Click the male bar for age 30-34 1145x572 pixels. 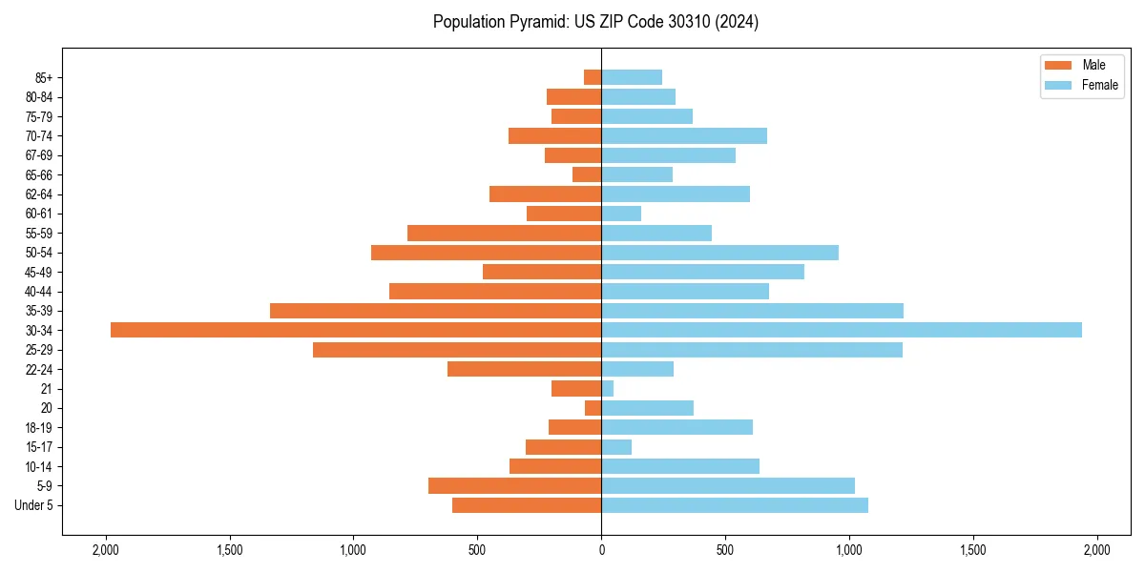(x=356, y=330)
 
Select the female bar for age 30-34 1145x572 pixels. (x=842, y=330)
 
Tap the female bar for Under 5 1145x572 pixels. (x=735, y=505)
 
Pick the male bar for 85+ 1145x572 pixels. (x=593, y=77)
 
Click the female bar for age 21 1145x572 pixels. (x=608, y=389)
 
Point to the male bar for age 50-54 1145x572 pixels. (x=487, y=253)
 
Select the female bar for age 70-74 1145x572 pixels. (x=684, y=136)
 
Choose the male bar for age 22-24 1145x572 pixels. (x=525, y=369)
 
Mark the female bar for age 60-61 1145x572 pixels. (x=621, y=214)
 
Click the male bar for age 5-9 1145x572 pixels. (x=515, y=486)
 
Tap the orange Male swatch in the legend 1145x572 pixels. (x=1058, y=66)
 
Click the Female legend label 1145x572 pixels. (x=1100, y=85)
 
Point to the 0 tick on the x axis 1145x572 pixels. (x=601, y=550)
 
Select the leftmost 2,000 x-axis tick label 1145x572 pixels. (x=105, y=550)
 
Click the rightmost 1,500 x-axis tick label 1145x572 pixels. (x=973, y=550)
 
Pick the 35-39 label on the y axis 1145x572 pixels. (x=39, y=311)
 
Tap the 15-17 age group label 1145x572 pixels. (x=39, y=447)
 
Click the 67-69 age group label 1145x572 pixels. (x=39, y=155)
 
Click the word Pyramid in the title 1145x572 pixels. (x=533, y=22)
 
